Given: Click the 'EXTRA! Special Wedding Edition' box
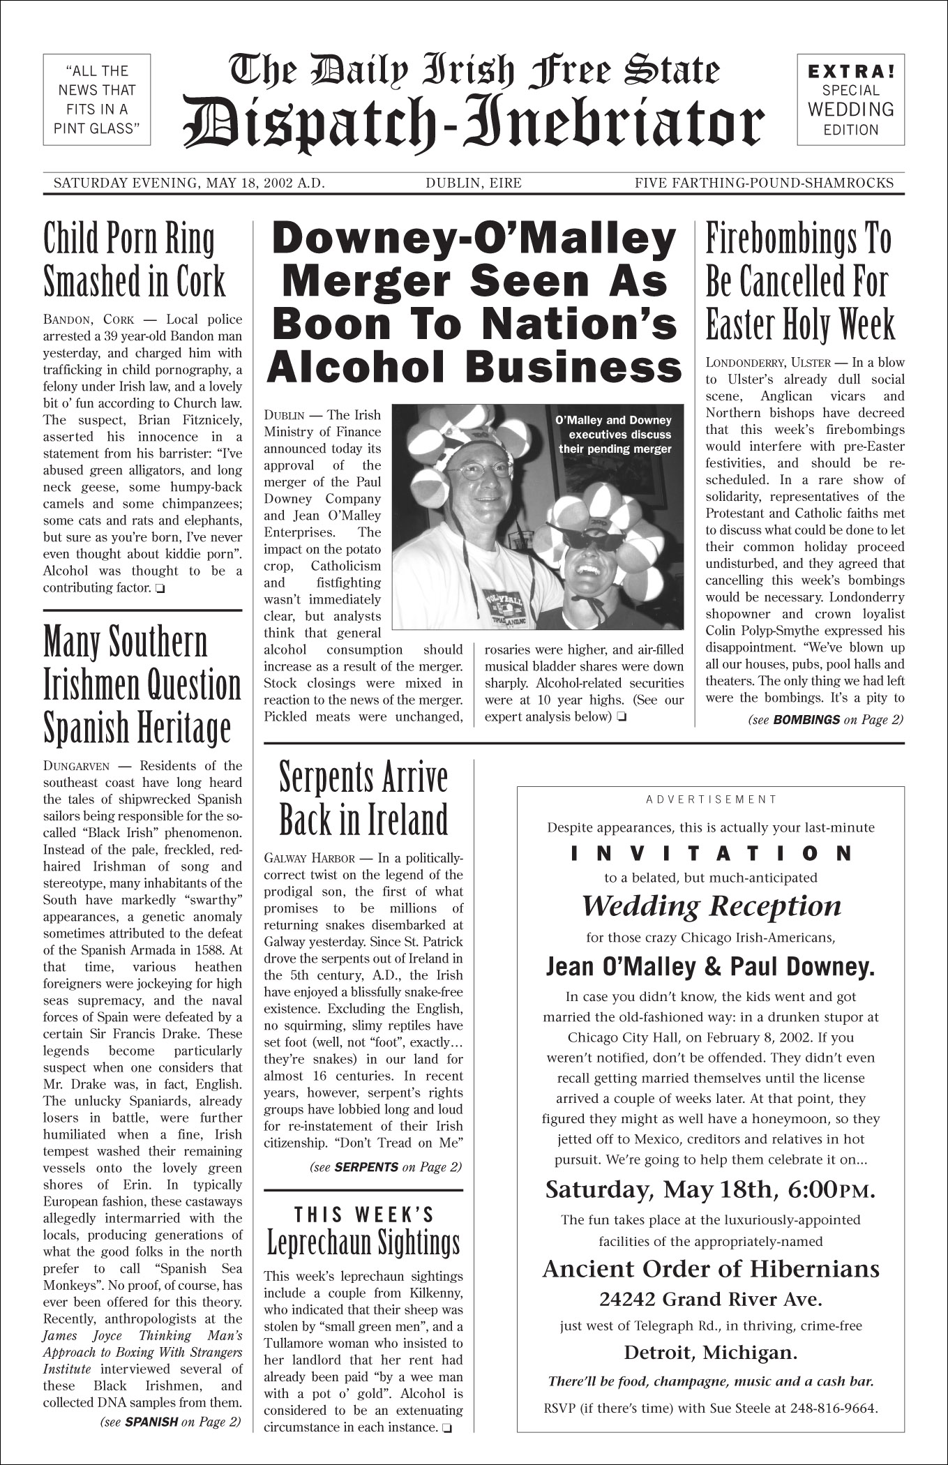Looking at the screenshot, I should pos(850,100).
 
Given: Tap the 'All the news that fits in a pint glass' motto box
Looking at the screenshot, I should pos(97,100).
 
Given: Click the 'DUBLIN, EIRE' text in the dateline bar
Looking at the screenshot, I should pos(474,183).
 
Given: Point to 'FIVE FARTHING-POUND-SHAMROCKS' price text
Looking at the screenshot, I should pos(764,183).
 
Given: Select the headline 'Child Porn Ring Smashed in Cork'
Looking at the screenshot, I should pos(135,260).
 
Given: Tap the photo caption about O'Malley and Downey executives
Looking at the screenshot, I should pos(614,434).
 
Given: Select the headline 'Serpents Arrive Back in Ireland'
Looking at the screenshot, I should pos(363,799).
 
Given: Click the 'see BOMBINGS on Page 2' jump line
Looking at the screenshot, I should pos(825,720).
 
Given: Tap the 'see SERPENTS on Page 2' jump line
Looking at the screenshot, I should pos(385,1166).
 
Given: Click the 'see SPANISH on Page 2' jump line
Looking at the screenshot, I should pos(171,1421).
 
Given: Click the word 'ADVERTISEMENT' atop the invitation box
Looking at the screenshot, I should pos(711,799).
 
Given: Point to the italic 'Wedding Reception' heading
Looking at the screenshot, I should pos(711,906).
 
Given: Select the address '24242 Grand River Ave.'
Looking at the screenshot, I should pos(711,1300).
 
